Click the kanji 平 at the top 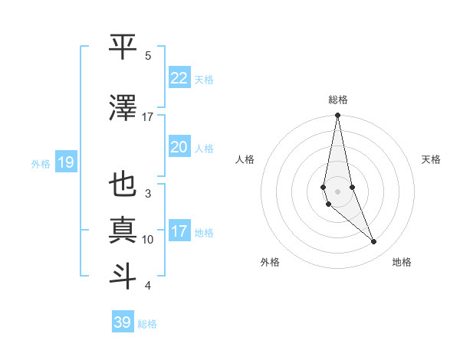123,47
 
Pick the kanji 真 123,231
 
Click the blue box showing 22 179,78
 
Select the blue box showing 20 179,147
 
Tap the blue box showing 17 179,231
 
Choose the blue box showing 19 65,162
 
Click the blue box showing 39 122,322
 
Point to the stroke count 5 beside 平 148,56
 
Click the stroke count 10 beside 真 148,240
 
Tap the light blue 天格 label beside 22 203,80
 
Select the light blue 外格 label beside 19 40,163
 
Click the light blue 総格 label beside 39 147,324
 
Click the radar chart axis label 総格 338,100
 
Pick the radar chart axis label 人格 245,159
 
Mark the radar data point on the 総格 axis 337,116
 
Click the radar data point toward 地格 374,242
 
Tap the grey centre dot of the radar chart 337,191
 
